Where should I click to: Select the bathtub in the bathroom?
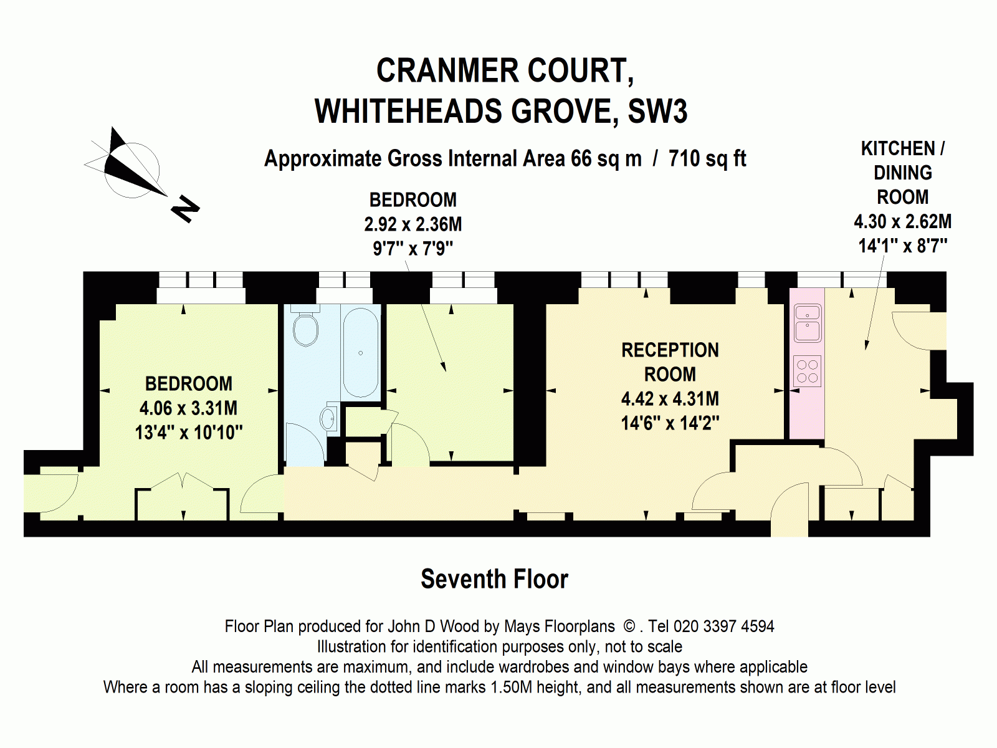pyautogui.click(x=361, y=352)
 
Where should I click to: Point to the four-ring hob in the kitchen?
pyautogui.click(x=807, y=371)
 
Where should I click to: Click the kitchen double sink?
pyautogui.click(x=807, y=324)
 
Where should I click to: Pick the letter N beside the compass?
pyautogui.click(x=185, y=209)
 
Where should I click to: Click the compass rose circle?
pyautogui.click(x=131, y=170)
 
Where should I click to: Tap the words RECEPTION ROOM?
pyautogui.click(x=670, y=362)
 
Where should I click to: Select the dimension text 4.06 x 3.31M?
pyautogui.click(x=188, y=408)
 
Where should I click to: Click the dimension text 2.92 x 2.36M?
pyautogui.click(x=413, y=224)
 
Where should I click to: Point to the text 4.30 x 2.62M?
pyautogui.click(x=902, y=221)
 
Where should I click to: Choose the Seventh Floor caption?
pyautogui.click(x=494, y=579)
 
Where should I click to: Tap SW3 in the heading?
pyautogui.click(x=657, y=112)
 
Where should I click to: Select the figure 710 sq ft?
pyautogui.click(x=707, y=159)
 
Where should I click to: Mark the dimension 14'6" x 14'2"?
pyautogui.click(x=670, y=423)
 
